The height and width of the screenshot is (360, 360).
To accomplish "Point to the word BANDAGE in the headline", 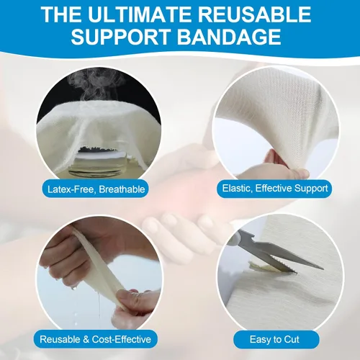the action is (x=229, y=37).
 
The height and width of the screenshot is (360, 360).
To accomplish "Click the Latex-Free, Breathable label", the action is (x=96, y=189).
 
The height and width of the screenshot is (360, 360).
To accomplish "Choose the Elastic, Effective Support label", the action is (x=274, y=189).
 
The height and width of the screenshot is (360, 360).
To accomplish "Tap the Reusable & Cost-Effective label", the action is (x=96, y=339).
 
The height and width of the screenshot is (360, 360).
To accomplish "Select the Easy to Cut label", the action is (x=274, y=339).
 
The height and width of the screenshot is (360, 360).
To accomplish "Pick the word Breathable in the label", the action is (x=122, y=189).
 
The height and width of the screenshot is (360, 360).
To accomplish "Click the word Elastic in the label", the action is (x=237, y=189).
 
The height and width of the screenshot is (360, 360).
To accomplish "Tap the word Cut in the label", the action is (x=292, y=339).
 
